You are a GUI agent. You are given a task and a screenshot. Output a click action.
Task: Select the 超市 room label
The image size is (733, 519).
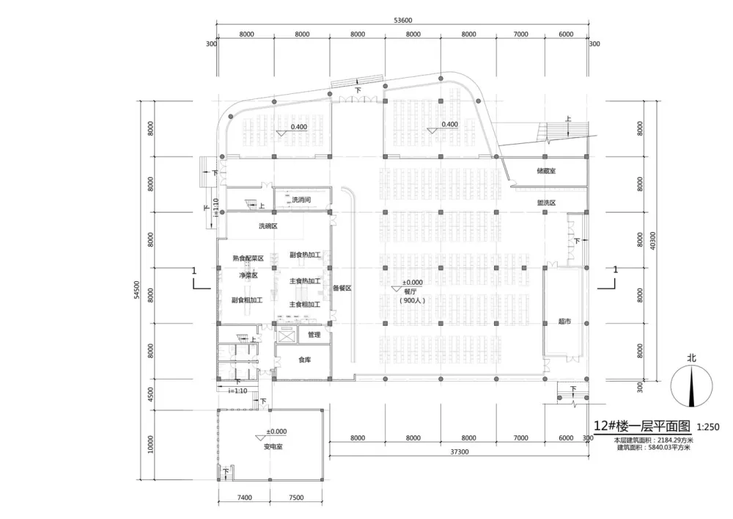564,321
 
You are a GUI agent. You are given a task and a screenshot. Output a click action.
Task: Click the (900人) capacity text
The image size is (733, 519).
413,300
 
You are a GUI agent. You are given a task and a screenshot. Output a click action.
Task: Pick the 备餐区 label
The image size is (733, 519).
342,288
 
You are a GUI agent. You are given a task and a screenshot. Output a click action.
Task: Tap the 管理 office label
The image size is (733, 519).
314,335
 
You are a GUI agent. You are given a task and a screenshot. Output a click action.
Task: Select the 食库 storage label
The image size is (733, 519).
304,360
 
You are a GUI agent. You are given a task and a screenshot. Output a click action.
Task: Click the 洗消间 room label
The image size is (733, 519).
302,199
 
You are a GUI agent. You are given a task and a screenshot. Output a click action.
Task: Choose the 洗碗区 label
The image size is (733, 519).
268,226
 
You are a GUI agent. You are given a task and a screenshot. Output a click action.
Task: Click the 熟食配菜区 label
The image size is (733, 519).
248,258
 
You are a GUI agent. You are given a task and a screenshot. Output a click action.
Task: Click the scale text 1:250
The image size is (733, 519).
707,426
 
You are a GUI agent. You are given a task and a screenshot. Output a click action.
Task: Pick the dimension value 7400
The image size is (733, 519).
244,497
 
